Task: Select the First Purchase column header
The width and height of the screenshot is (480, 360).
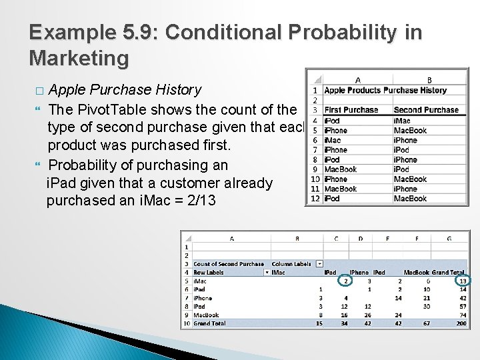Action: (351, 109)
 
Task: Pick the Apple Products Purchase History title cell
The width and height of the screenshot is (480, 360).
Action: (385, 90)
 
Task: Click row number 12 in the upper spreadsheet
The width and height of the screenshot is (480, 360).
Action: (313, 199)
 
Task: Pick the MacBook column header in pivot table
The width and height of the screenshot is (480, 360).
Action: (415, 272)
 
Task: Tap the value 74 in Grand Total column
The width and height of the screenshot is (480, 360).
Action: (463, 316)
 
